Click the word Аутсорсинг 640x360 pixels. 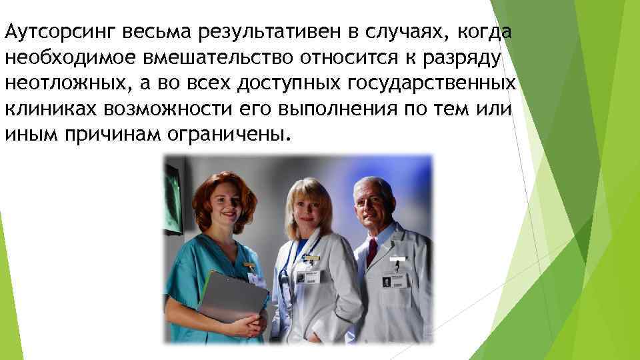coord(47,33)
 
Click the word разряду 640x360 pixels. coord(466,58)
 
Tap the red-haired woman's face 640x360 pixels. coord(223,200)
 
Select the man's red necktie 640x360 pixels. coord(371,253)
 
